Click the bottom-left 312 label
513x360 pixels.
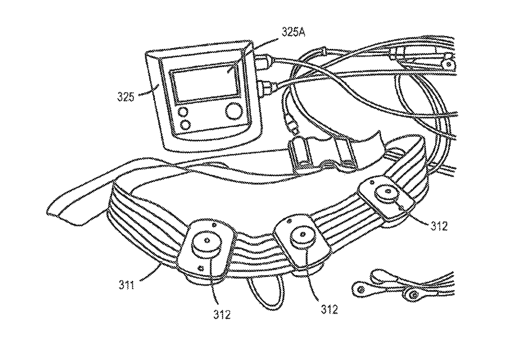pos(222,314)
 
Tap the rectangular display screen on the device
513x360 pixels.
pos(206,86)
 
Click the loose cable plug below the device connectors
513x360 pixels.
pos(291,126)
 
